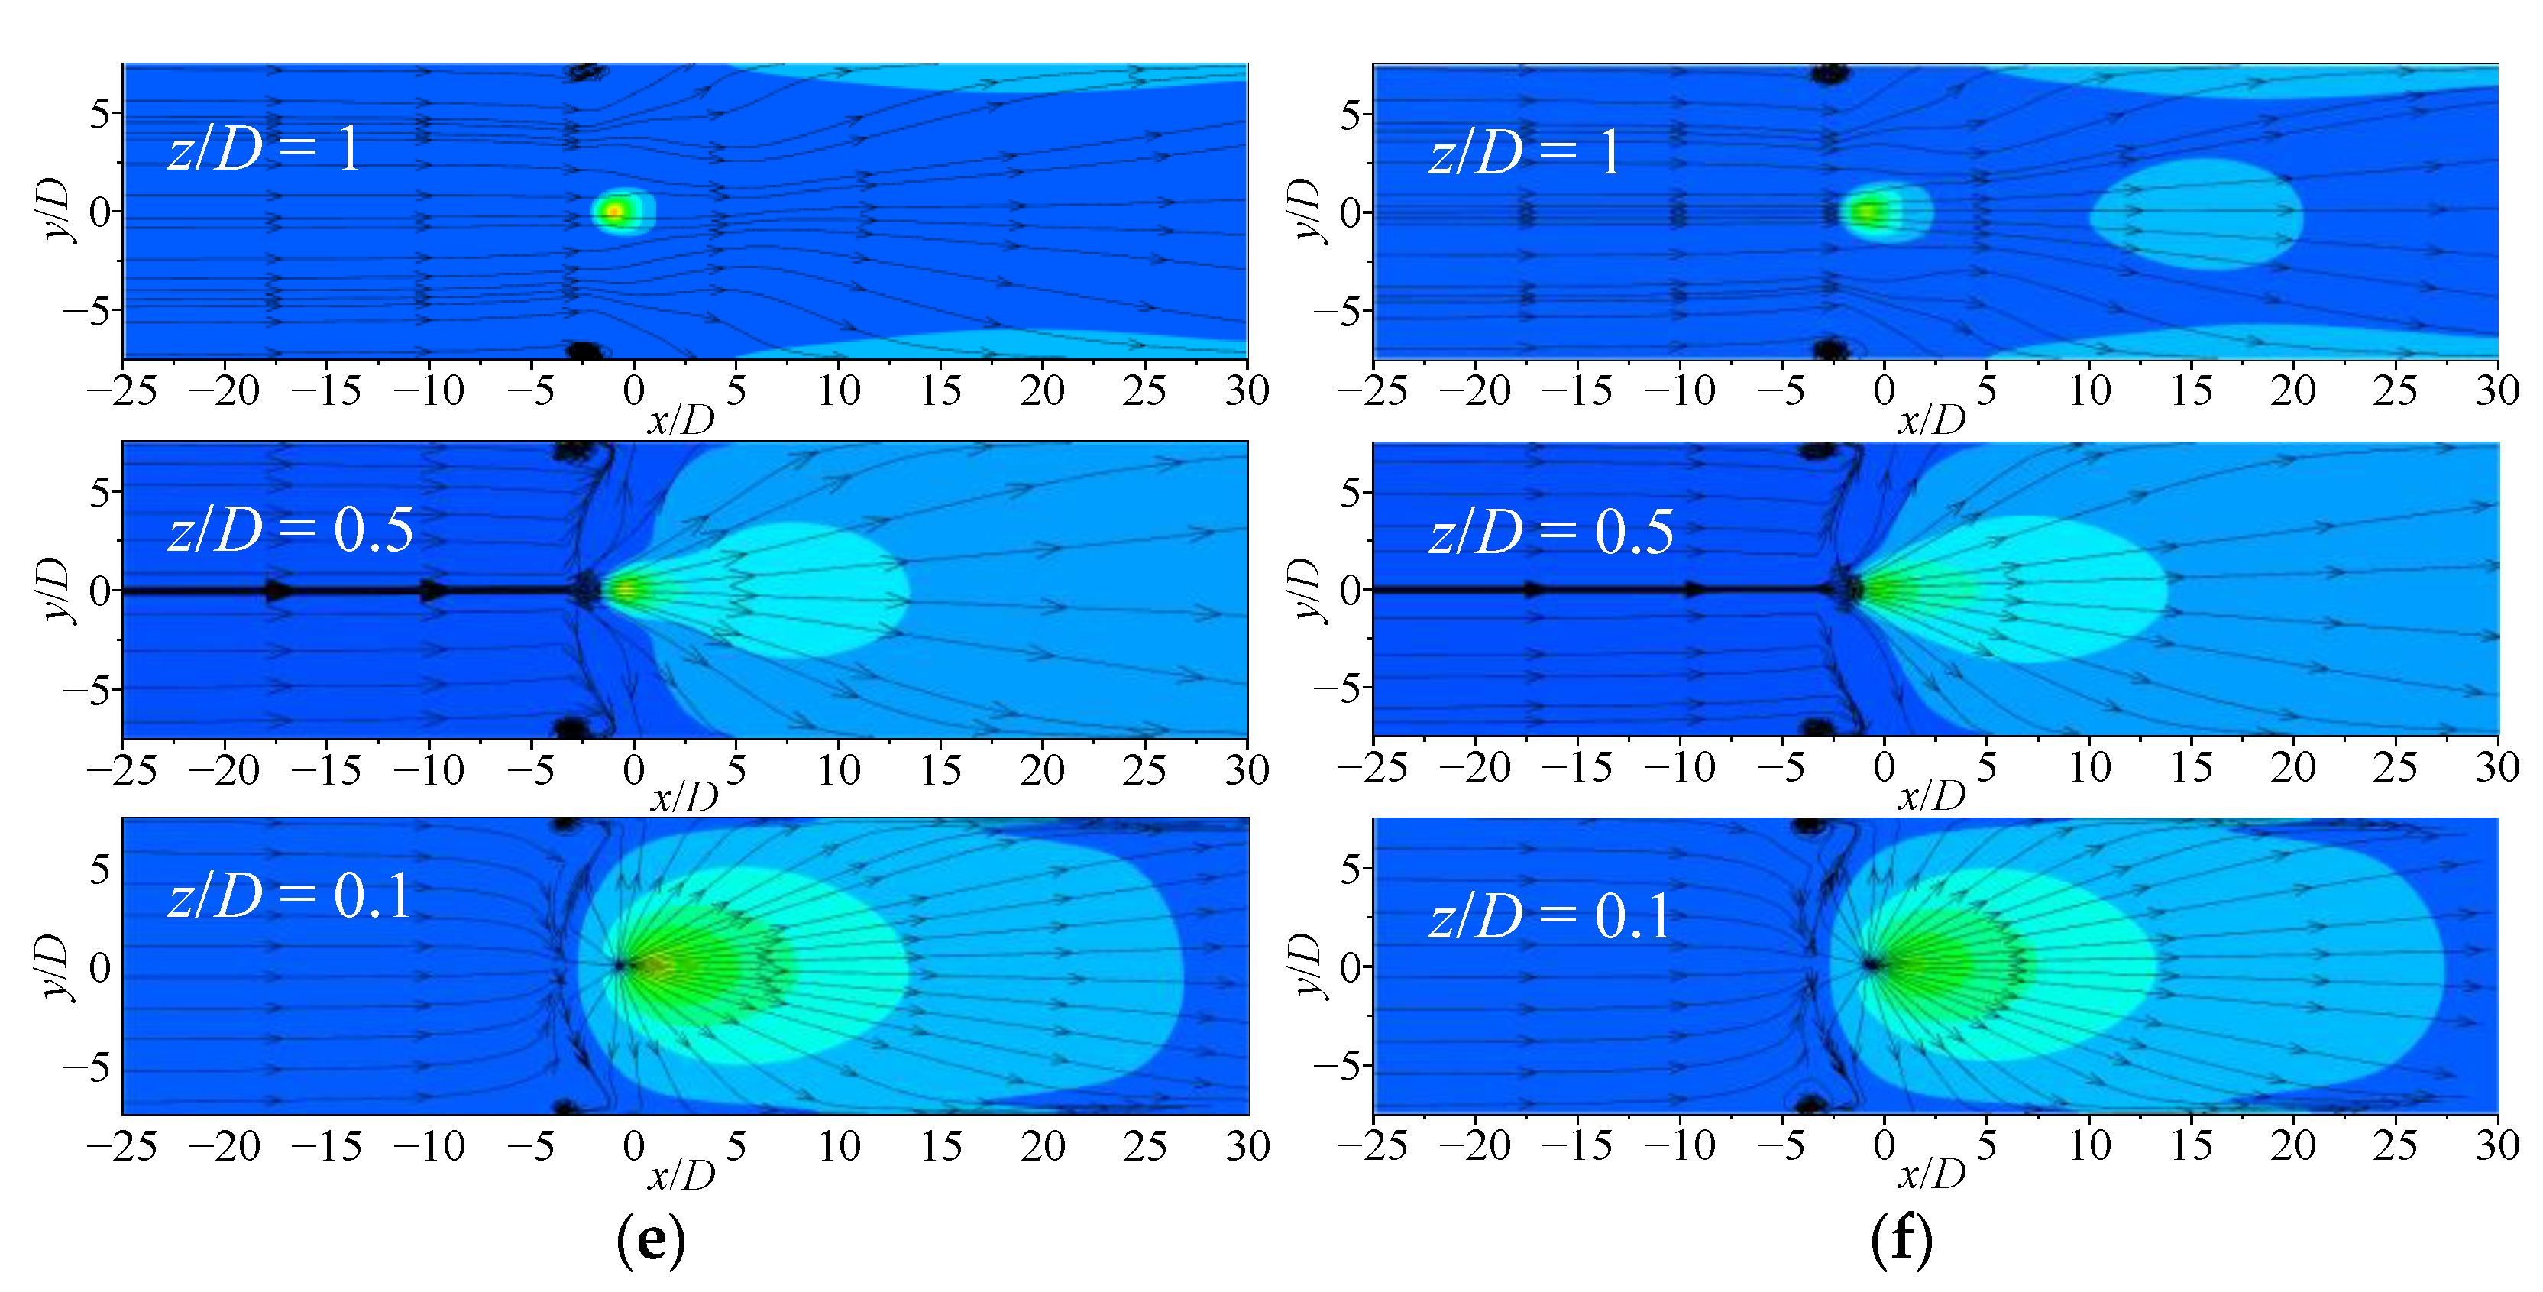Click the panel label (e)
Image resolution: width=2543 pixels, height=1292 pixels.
(649, 1240)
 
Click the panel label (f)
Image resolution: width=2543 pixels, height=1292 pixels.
(1901, 1240)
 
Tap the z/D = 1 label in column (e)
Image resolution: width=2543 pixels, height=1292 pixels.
(264, 150)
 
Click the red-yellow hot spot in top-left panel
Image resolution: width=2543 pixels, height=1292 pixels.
(614, 211)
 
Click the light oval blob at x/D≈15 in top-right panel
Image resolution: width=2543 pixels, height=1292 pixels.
(2196, 214)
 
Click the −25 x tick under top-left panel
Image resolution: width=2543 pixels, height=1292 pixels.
(121, 391)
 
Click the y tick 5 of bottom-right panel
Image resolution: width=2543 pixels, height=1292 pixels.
(1350, 869)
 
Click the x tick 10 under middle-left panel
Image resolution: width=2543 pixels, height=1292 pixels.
(838, 770)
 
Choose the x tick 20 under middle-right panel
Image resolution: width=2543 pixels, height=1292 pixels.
(2292, 767)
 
